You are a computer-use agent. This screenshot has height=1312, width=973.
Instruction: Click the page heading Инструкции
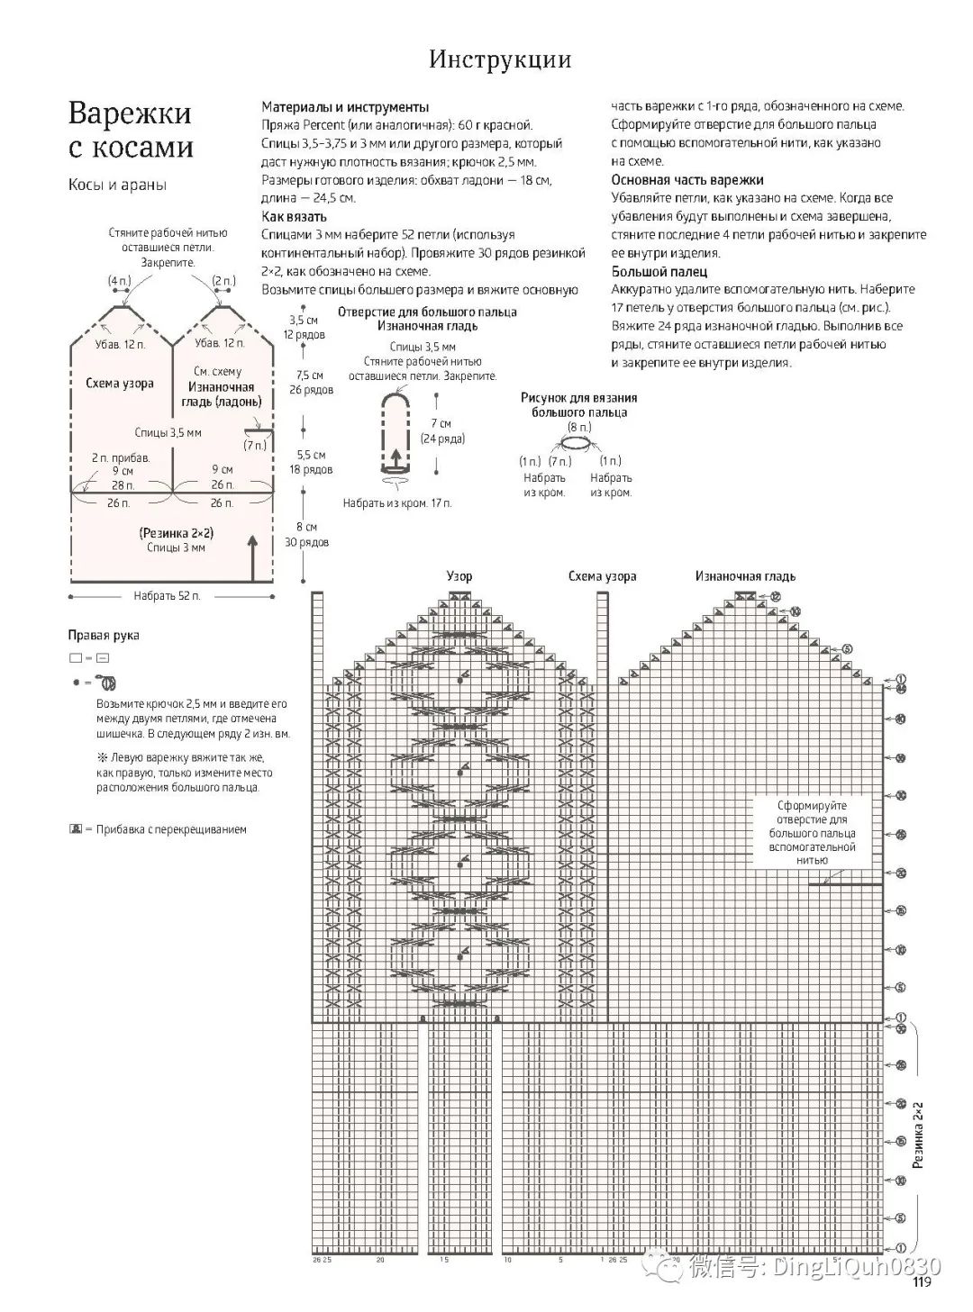(499, 59)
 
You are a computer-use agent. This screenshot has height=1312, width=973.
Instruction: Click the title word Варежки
(130, 113)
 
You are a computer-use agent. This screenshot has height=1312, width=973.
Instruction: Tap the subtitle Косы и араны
(117, 185)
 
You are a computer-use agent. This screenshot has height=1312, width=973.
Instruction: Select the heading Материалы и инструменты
(345, 106)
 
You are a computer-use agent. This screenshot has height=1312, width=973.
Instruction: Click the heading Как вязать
(294, 216)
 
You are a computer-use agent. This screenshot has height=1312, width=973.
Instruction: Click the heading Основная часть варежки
(687, 179)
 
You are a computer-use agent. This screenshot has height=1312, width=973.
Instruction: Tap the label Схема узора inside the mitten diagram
(120, 383)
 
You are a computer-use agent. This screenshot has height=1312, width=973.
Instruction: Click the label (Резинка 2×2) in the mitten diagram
(177, 532)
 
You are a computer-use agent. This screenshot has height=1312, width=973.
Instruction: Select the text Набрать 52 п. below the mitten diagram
(167, 595)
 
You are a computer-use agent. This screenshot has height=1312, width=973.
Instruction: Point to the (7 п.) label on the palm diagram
(255, 445)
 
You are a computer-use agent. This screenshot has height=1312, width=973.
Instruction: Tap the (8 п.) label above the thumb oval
(579, 426)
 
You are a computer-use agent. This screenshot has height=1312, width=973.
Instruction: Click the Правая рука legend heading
(104, 635)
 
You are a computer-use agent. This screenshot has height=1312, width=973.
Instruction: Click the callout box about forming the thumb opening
(812, 833)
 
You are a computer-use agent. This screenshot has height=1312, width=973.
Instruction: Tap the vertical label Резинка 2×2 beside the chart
(919, 1134)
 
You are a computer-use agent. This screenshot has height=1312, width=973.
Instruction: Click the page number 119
(922, 1283)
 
